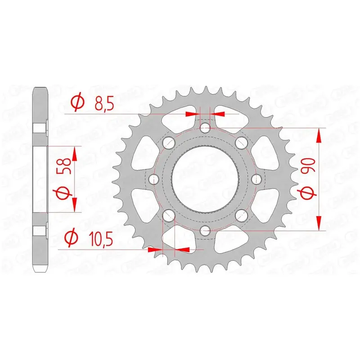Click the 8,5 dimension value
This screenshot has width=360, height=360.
tap(104, 103)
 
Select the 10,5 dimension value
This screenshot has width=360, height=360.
tap(101, 239)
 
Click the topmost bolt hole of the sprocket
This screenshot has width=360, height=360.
tap(205, 128)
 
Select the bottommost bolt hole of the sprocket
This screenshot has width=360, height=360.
tap(205, 230)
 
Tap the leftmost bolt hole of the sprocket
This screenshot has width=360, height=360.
tap(154, 179)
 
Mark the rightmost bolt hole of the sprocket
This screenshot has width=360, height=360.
tap(256, 179)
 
